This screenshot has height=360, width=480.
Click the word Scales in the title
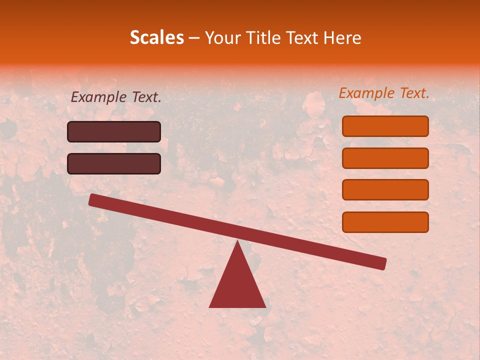[x=156, y=37]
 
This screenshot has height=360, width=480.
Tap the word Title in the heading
[x=264, y=38]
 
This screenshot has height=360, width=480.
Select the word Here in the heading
[x=341, y=38]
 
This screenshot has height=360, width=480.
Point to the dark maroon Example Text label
[x=116, y=97]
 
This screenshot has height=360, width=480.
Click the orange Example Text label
[x=384, y=93]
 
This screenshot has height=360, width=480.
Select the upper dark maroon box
[x=114, y=131]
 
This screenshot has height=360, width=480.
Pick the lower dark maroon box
[x=114, y=163]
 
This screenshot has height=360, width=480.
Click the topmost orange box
[x=385, y=126]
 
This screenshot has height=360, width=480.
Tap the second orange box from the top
[x=385, y=158]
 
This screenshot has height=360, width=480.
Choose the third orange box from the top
[x=385, y=190]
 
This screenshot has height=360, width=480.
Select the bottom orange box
[x=385, y=222]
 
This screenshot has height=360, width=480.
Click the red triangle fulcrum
[x=237, y=285]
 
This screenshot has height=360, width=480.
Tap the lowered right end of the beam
[x=382, y=263]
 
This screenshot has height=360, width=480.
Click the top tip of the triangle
[x=237, y=241]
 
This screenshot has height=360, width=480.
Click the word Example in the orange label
[x=366, y=93]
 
